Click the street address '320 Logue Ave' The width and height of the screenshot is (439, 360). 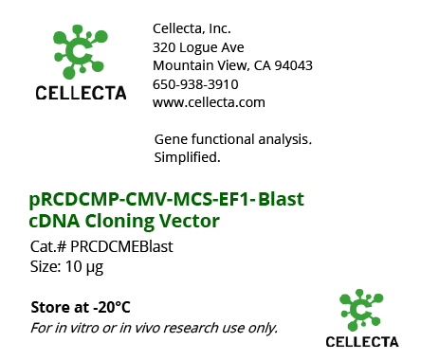tap(198, 46)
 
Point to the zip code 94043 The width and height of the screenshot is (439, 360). tap(292, 65)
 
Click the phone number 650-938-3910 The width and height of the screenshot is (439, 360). tap(195, 83)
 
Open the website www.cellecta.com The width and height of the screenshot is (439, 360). tap(209, 102)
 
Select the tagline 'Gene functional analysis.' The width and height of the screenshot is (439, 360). tap(232, 139)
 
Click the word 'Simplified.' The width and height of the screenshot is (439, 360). tap(187, 156)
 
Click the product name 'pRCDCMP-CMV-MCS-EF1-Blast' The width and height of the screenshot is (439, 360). tap(166, 199)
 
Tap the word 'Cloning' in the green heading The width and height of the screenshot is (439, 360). tap(136, 222)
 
